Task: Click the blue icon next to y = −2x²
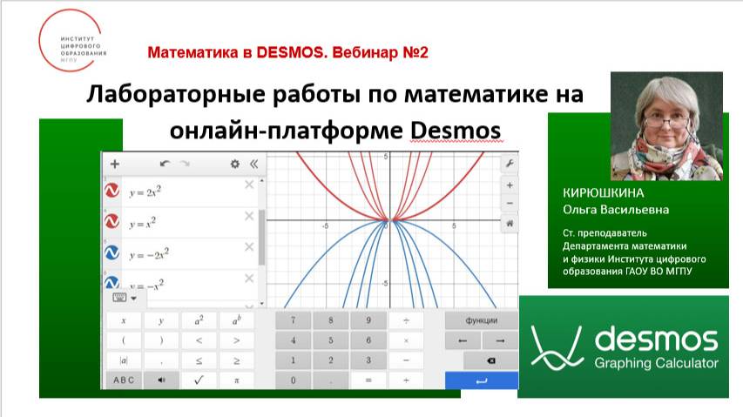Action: click(x=112, y=253)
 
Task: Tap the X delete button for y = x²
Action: click(x=249, y=216)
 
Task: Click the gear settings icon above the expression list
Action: click(x=234, y=164)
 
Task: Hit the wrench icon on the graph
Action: click(x=510, y=164)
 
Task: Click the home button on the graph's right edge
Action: click(x=510, y=224)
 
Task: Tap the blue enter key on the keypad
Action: click(x=481, y=380)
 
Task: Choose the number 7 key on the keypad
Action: click(x=293, y=319)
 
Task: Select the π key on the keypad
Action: click(x=236, y=380)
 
